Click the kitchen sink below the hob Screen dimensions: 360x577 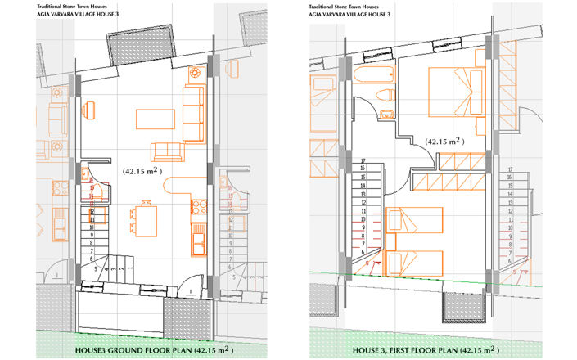[x=197, y=240]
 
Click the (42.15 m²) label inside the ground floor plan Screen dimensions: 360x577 [x=140, y=171]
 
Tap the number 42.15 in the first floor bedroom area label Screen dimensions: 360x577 [x=438, y=142]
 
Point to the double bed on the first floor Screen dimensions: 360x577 [x=458, y=91]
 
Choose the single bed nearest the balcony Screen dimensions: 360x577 [x=413, y=264]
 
